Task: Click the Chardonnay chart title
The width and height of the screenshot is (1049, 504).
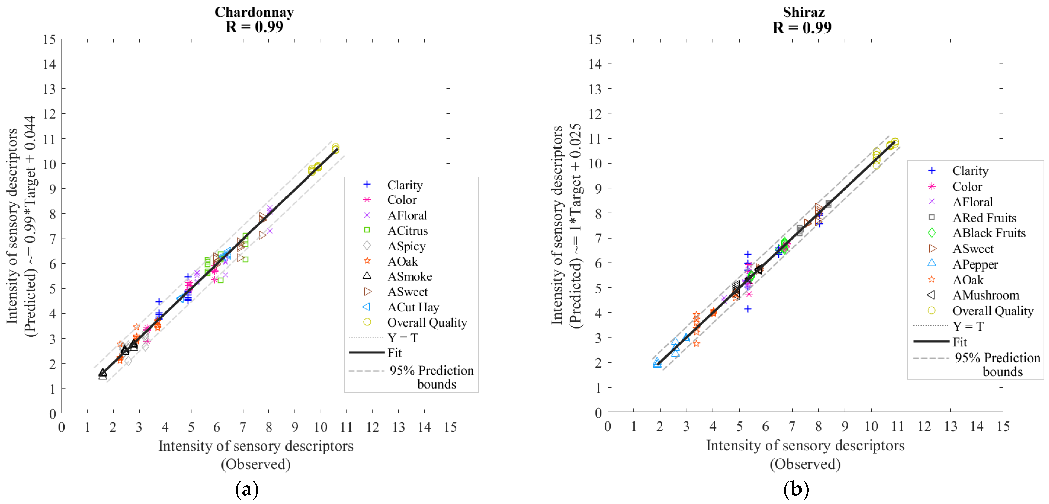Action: click(x=254, y=12)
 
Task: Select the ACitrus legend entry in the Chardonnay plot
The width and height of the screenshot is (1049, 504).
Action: click(x=407, y=231)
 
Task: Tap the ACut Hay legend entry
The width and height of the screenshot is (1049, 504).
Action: click(x=413, y=307)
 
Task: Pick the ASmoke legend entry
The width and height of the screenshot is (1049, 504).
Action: click(x=409, y=276)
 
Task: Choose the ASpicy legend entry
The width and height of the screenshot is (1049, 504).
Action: click(x=406, y=246)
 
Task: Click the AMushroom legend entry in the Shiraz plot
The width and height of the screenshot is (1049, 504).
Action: click(x=986, y=295)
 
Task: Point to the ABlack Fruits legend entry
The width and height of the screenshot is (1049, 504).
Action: click(x=989, y=233)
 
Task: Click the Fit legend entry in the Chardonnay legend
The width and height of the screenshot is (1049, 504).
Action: click(x=394, y=353)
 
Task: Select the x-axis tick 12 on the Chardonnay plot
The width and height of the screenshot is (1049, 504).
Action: click(x=372, y=427)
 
